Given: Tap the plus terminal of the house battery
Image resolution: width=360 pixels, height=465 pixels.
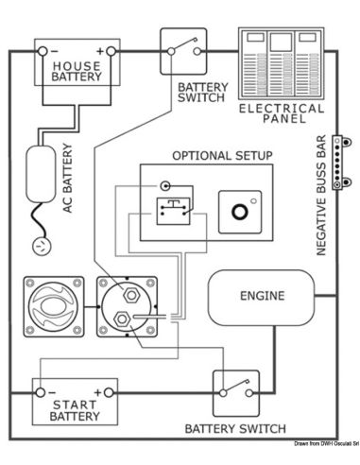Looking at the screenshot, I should (111, 50).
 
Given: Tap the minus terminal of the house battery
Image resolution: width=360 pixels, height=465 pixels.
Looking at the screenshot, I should (41, 50).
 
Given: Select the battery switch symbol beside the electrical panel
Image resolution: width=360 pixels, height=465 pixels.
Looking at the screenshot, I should (182, 50).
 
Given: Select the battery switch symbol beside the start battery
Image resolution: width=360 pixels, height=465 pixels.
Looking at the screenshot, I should (235, 390).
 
